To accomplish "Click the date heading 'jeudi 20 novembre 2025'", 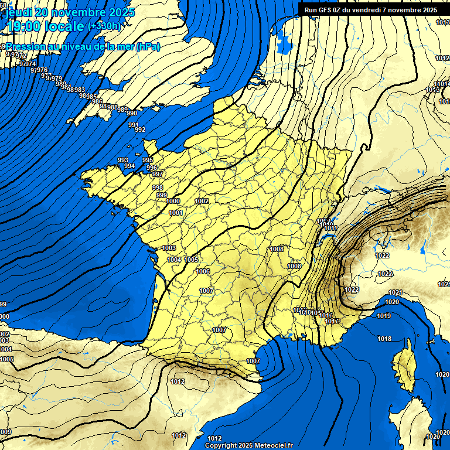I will [70, 12].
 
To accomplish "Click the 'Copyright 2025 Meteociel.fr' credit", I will [248, 445].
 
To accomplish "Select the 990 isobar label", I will [132, 113].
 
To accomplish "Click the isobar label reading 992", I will [140, 129].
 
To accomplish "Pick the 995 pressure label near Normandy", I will [148, 160].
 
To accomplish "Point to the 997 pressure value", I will [157, 175].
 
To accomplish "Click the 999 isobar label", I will [162, 195].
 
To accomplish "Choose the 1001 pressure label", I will [175, 213].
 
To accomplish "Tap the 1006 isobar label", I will [203, 271].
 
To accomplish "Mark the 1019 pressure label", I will [384, 316].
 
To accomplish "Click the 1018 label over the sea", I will [384, 339].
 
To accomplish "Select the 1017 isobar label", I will [331, 321].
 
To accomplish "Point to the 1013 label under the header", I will [443, 22].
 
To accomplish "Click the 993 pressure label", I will [123, 160].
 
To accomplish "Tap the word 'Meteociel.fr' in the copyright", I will [272, 445].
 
